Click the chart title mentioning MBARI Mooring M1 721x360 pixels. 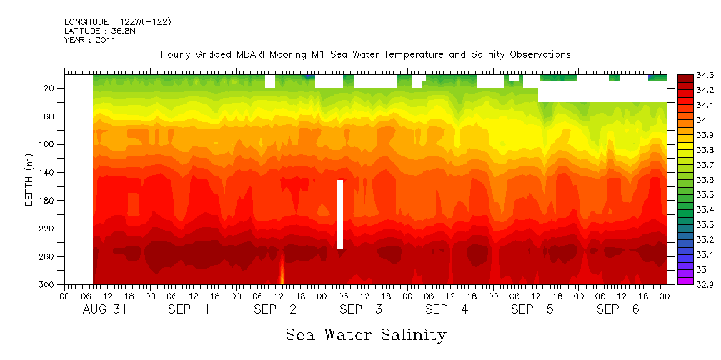tap(365, 54)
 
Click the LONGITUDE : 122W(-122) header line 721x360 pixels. tap(117, 22)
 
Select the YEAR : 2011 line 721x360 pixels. tap(89, 40)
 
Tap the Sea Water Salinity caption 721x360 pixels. tap(366, 334)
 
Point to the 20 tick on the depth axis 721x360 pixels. tap(50, 88)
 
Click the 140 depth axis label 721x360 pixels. tap(47, 172)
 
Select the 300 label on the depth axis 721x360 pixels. tap(47, 284)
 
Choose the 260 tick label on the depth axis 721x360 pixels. tap(47, 256)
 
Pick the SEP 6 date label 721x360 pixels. tap(618, 309)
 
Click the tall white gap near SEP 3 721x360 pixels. tap(340, 214)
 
